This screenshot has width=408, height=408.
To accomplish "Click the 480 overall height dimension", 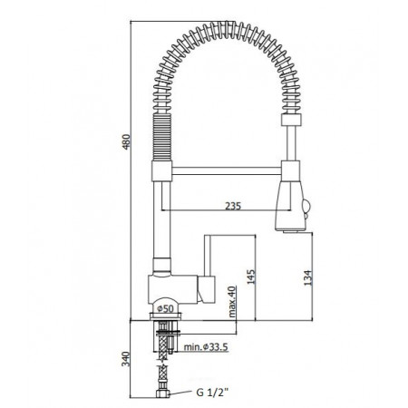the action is (126, 141).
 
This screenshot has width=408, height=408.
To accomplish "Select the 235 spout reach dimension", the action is (233, 206).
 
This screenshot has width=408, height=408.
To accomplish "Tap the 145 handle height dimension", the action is (251, 277).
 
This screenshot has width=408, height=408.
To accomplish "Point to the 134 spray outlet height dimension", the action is (307, 278).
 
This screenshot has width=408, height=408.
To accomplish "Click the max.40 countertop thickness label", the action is (232, 302).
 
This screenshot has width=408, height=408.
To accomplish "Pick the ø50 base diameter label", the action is (166, 308).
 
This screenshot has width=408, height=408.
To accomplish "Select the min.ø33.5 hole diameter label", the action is (206, 347).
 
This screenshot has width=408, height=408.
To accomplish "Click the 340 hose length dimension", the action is (126, 359).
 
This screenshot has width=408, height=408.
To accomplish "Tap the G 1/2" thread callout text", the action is (213, 393).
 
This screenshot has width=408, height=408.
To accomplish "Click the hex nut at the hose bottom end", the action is (163, 393).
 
